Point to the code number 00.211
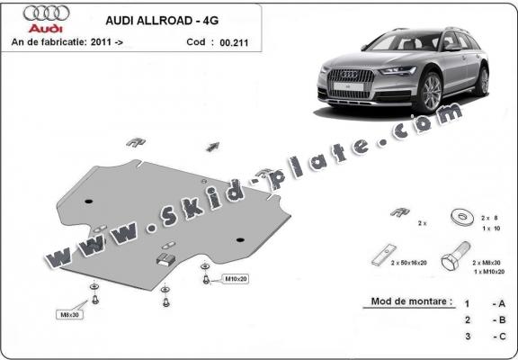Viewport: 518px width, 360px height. pos(230,41)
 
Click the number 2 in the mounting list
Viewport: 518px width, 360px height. pos(466,319)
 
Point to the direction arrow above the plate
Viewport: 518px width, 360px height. pos(212,146)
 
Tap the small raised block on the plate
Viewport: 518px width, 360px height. pos(165,259)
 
